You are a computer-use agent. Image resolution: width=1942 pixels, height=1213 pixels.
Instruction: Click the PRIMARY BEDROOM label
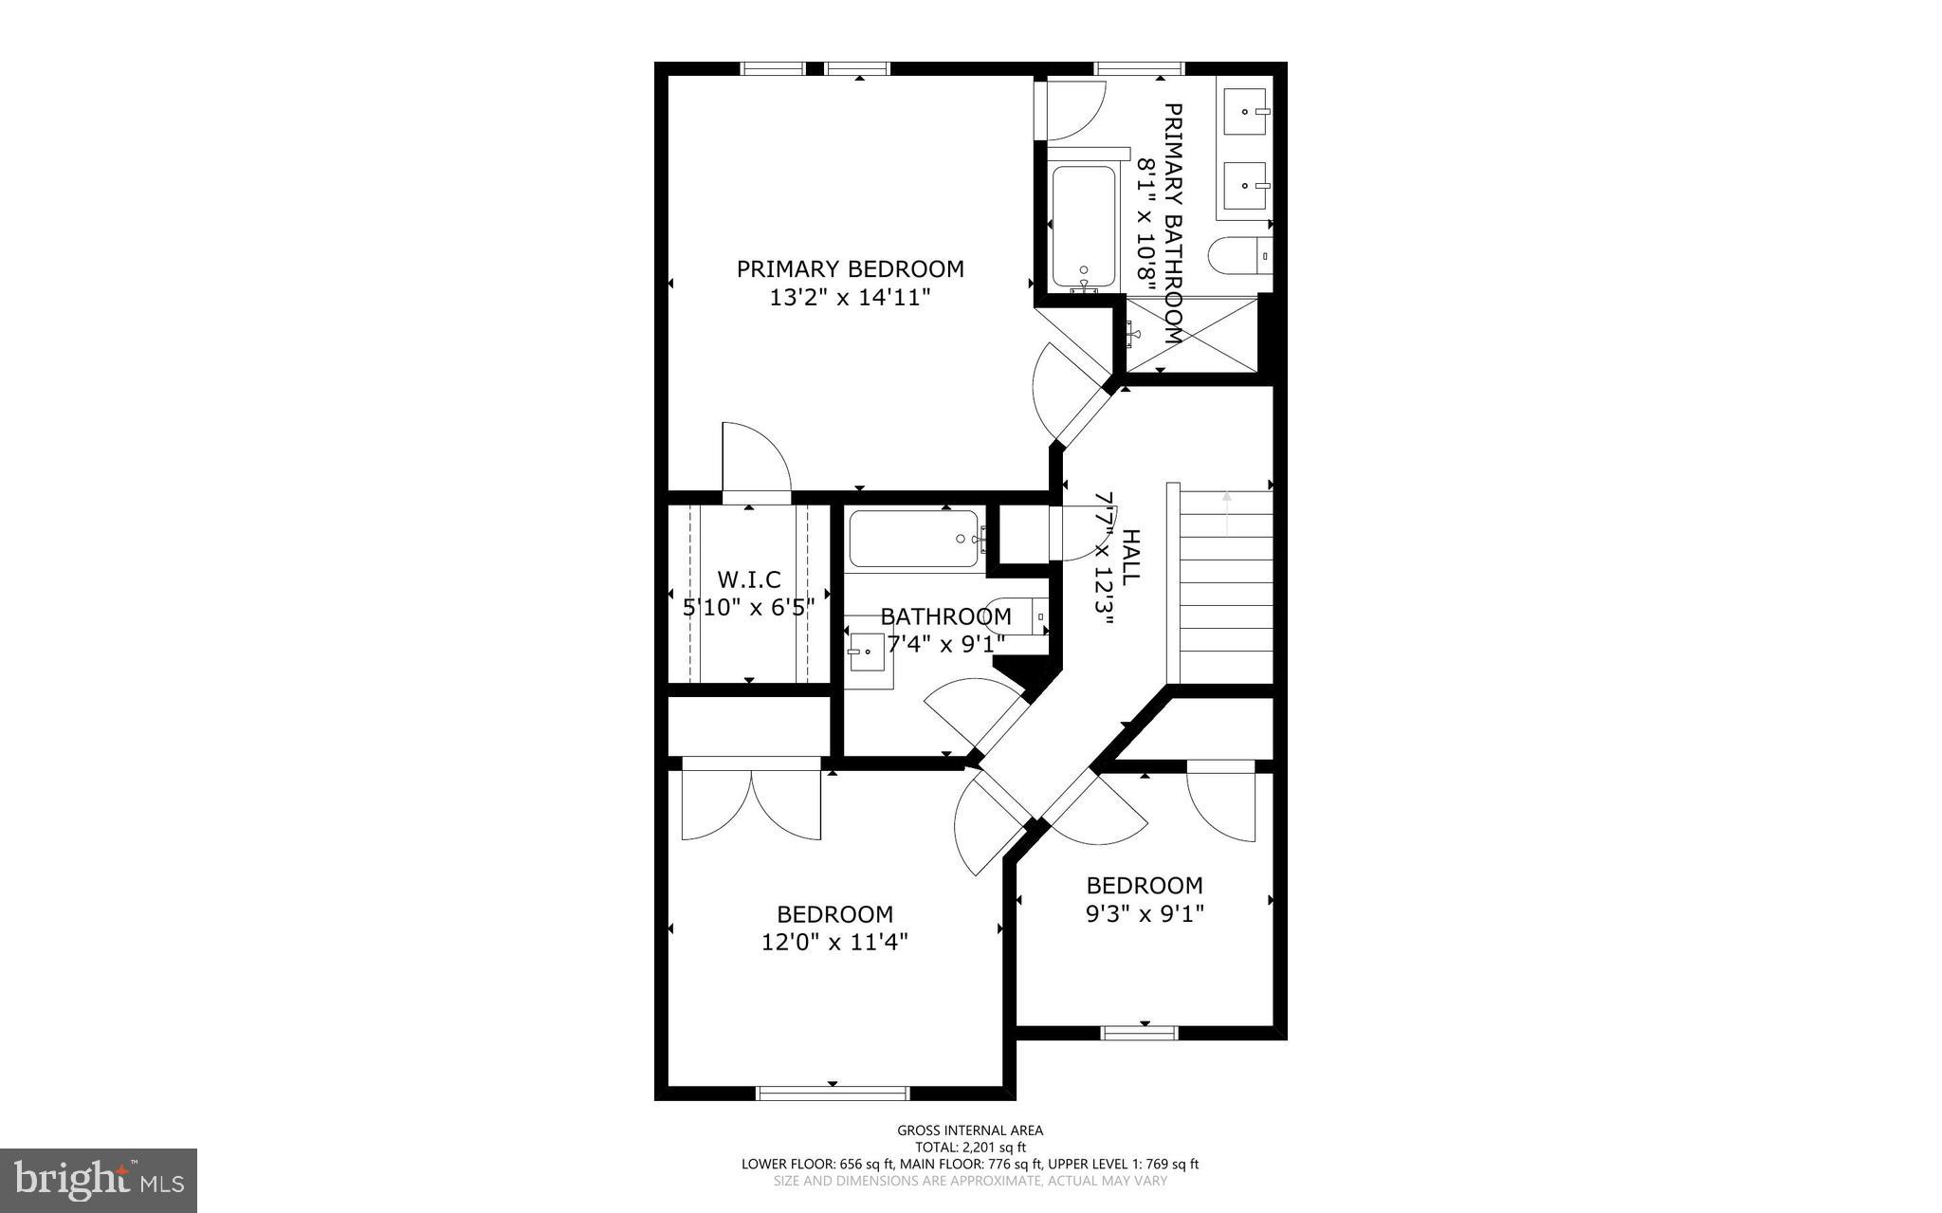tap(850, 269)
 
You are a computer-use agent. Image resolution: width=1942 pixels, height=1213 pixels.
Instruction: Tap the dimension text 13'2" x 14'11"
tap(850, 298)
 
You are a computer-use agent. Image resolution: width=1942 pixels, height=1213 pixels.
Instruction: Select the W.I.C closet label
tap(749, 579)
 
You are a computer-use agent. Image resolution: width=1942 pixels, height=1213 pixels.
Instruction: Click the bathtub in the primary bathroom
tap(1083, 228)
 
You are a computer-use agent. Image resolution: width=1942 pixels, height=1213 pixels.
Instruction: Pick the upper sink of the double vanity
tap(1246, 111)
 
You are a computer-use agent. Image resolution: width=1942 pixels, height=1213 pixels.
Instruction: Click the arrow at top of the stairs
tap(1226, 512)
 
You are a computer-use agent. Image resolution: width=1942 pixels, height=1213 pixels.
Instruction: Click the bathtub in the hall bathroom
tap(914, 540)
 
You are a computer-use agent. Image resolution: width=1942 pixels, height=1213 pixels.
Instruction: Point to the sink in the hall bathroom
tap(868, 652)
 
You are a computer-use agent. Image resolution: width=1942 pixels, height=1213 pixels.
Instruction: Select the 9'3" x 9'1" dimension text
tap(1145, 914)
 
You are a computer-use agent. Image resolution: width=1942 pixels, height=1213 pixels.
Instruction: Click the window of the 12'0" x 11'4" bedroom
tap(833, 1093)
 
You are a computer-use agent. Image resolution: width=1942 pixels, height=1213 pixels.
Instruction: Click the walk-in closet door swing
tap(756, 463)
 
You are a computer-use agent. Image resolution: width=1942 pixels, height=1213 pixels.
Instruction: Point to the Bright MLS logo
tap(99, 1180)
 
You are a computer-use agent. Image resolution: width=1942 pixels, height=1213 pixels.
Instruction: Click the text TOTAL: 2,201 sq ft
tap(970, 1147)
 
